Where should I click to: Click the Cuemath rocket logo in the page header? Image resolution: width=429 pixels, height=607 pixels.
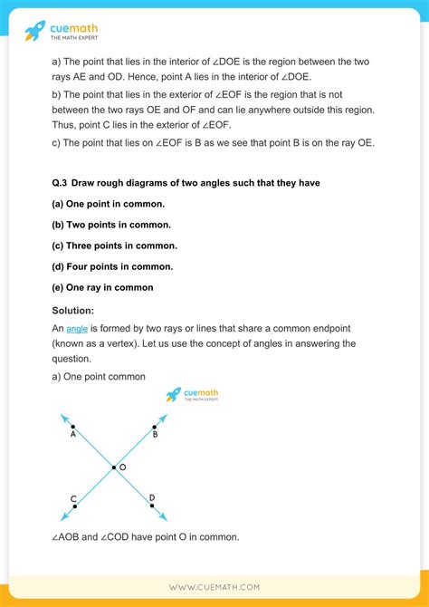34,31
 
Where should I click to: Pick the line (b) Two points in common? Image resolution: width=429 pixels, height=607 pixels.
111,225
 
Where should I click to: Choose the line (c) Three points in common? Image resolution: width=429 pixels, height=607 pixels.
114,246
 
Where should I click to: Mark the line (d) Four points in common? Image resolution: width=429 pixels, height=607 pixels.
112,266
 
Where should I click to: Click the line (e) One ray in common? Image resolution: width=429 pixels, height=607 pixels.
102,287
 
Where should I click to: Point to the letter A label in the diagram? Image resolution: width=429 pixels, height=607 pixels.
72,434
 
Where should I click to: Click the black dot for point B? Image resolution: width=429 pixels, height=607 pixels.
154,426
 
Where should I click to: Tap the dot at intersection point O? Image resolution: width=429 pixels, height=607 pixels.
113,467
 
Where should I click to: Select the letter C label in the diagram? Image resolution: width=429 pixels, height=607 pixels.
72,498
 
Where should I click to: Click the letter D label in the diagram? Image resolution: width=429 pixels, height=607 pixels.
151,497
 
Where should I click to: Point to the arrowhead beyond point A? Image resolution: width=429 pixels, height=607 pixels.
62,417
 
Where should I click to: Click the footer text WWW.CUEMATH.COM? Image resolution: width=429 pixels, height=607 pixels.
214,587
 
